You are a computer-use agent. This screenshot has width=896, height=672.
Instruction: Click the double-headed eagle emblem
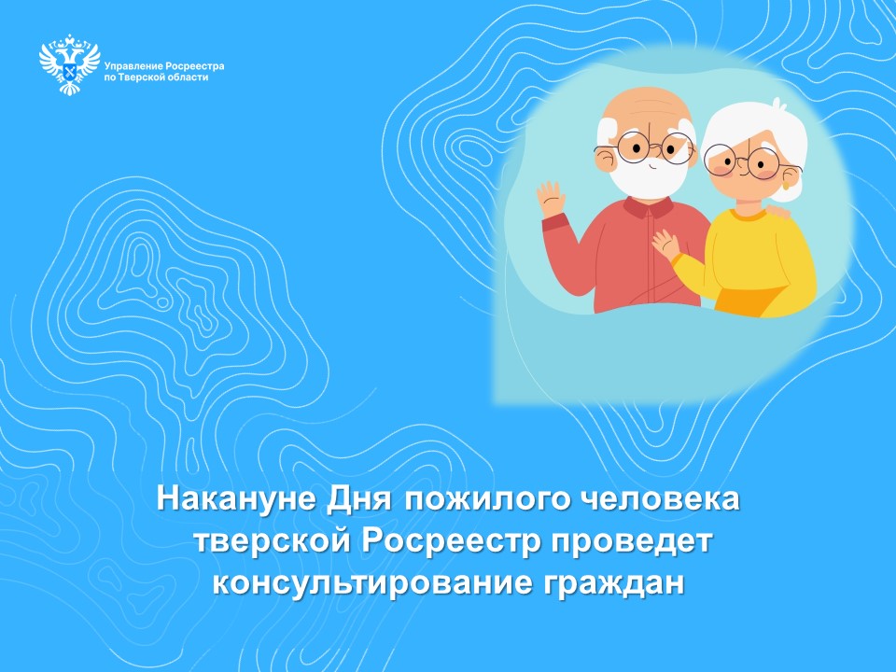coord(69,65)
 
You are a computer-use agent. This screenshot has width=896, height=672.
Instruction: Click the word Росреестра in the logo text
coord(194,67)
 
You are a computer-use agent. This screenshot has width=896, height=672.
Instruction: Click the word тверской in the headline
coord(269,540)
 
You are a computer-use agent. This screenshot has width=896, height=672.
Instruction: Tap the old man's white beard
coord(643,177)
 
